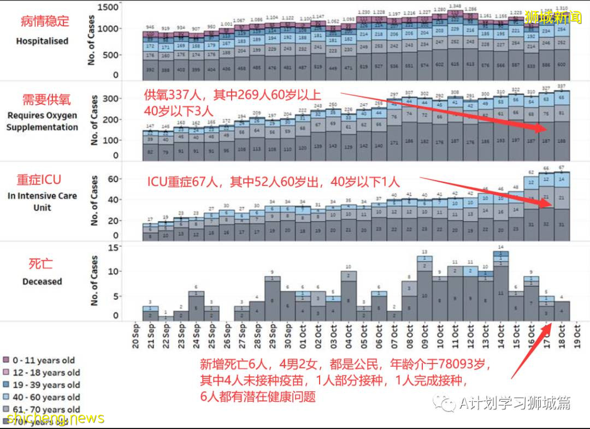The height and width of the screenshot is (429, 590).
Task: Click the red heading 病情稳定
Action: pyautogui.click(x=45, y=22)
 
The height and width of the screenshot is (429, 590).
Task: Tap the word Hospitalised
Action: pyautogui.click(x=42, y=41)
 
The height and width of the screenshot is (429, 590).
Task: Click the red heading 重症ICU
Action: pyautogui.click(x=39, y=180)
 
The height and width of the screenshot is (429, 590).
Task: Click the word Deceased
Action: pyautogui.click(x=42, y=282)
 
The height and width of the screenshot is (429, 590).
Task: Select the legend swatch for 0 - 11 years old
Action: pyautogui.click(x=7, y=360)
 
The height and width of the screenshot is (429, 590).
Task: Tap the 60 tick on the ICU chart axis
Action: pyautogui.click(x=112, y=179)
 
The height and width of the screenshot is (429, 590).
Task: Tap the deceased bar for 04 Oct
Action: pyautogui.click(x=349, y=295)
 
